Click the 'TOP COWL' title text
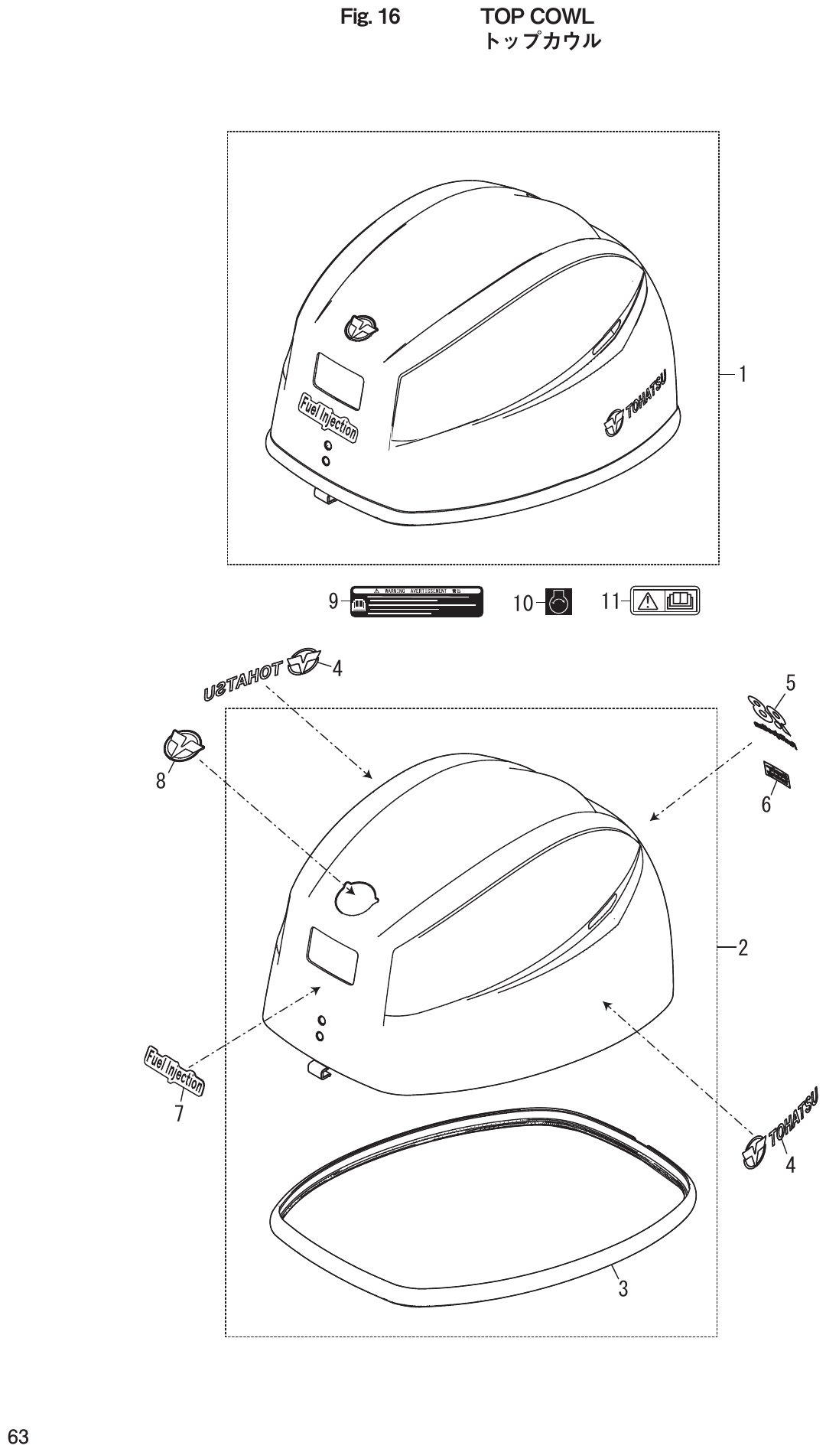(537, 16)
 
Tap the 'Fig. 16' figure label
(370, 17)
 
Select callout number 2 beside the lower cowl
(742, 949)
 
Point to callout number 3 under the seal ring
(623, 1288)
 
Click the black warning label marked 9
(417, 602)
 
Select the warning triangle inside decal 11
(648, 602)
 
